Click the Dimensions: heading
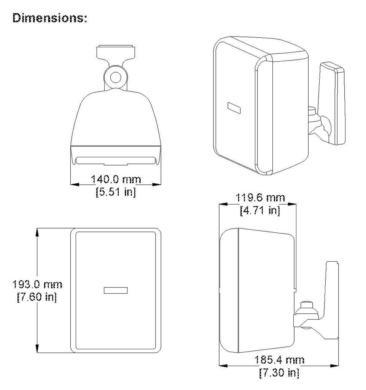point(50,18)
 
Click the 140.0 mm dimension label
point(116,179)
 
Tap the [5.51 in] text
point(116,192)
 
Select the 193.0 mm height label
point(37,284)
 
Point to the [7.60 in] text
point(37,297)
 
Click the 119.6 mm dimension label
point(260,198)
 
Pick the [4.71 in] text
point(260,210)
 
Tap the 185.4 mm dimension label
point(279,360)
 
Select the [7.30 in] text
point(279,372)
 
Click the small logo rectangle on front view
point(116,290)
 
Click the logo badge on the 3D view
point(234,108)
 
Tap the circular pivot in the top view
point(116,77)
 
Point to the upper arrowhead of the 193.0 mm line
point(37,232)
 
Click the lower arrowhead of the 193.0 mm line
point(37,348)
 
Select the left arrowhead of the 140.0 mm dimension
point(75,185)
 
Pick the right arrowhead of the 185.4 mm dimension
point(334,366)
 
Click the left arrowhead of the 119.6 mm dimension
point(223,204)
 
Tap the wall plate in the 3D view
point(332,104)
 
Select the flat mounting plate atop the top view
point(116,51)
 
